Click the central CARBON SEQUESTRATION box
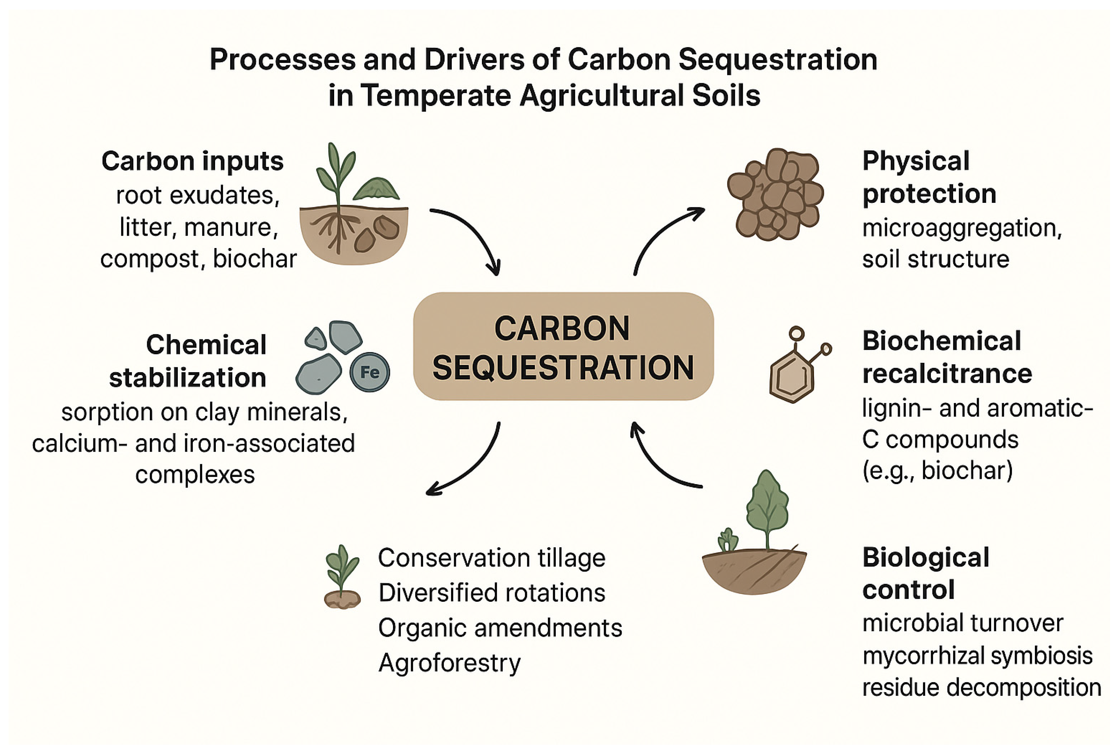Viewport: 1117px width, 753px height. (x=563, y=346)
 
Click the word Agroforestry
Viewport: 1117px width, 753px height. (x=449, y=664)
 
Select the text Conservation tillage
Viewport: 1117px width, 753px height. (x=491, y=558)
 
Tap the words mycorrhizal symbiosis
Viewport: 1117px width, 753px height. (x=977, y=656)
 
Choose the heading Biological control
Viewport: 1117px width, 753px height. (x=925, y=573)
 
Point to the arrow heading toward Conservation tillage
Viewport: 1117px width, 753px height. (x=473, y=468)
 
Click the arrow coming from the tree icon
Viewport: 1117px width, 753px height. (x=658, y=464)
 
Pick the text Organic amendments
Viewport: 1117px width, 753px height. (x=500, y=628)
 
